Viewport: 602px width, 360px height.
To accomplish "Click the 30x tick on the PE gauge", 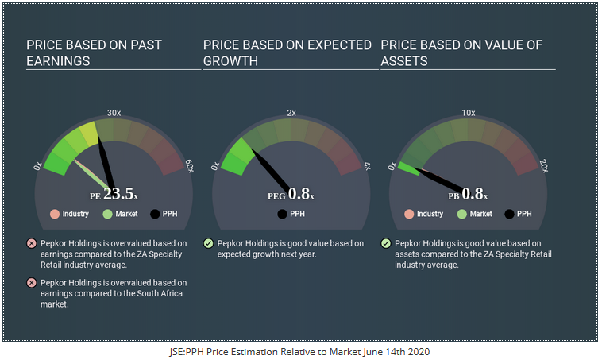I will coord(114,113).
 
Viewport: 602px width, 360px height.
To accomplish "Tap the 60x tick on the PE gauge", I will coord(189,166).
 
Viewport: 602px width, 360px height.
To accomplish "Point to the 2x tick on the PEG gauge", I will coord(291,113).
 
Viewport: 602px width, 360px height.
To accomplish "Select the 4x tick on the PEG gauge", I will coord(367,166).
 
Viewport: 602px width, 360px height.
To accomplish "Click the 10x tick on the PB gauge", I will coord(469,113).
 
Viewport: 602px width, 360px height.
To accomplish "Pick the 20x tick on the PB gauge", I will coord(544,166).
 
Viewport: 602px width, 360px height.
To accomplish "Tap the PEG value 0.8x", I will coord(299,194).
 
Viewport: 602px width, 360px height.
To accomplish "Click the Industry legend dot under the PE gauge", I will coord(54,214).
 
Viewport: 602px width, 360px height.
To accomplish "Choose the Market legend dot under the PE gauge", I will coord(107,214).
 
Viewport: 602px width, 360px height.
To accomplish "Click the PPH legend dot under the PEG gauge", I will coord(282,214).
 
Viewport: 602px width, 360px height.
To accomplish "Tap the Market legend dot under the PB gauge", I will coord(462,214).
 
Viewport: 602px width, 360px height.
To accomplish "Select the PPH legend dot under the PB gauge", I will coord(509,214).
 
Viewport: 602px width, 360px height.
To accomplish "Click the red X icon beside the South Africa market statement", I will coord(31,283).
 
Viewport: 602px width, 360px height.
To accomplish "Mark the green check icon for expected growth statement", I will coord(208,243).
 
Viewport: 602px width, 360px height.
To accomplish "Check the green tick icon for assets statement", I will coord(386,243).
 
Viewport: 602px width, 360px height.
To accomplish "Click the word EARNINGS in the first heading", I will coord(58,60).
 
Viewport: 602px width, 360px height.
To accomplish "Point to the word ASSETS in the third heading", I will coord(404,60).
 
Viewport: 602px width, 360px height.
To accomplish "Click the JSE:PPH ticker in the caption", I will coord(191,350).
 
